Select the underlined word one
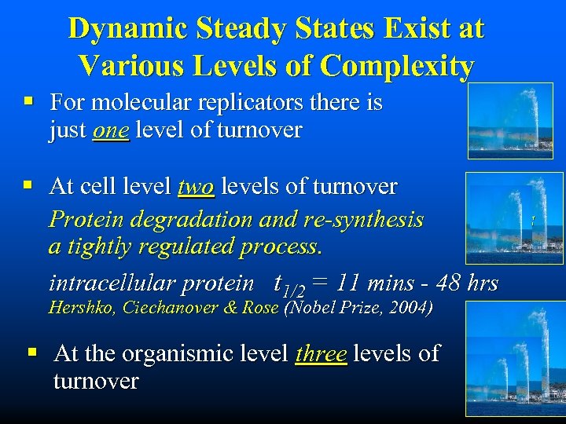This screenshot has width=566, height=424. (x=110, y=130)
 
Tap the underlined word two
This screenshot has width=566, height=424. (x=196, y=187)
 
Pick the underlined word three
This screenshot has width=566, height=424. (x=321, y=353)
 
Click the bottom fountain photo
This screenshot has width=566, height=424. (x=514, y=358)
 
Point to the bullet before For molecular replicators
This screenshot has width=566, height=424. (x=28, y=102)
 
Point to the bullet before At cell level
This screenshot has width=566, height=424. (x=28, y=187)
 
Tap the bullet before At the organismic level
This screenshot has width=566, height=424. (x=33, y=353)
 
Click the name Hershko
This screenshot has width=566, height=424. (x=80, y=308)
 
